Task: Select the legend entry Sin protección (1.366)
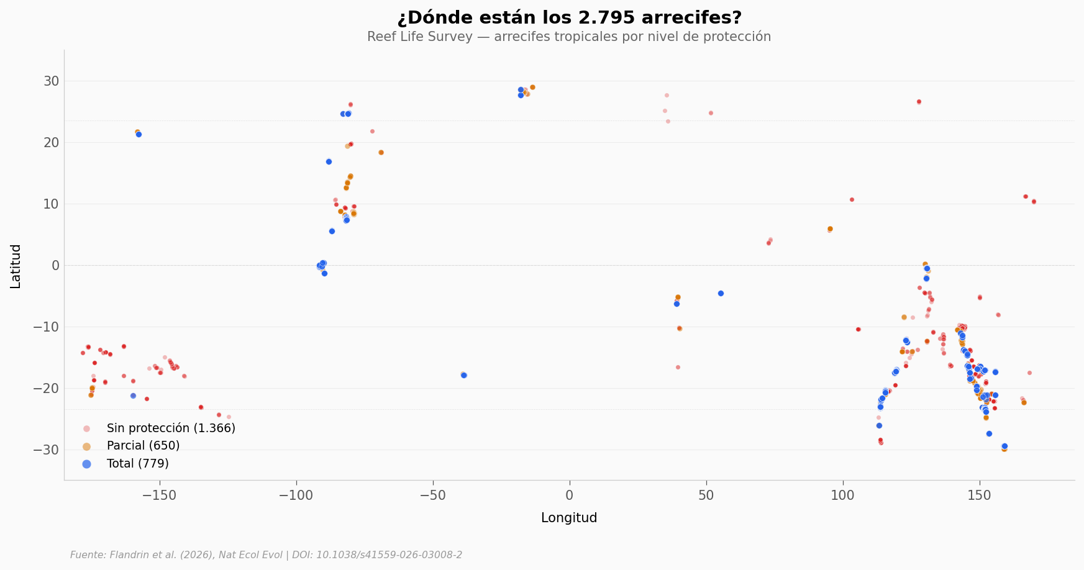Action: tap(171, 428)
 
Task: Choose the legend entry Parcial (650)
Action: tap(143, 446)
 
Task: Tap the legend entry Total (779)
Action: tap(137, 464)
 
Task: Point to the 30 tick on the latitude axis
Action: tap(52, 81)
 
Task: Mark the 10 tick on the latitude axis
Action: tap(52, 204)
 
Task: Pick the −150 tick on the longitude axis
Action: tap(160, 495)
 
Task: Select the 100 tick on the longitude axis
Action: tap(843, 495)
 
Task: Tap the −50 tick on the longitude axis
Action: tap(433, 495)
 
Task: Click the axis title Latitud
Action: tap(16, 266)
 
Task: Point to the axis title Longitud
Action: tap(569, 518)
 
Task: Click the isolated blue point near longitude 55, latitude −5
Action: tap(721, 293)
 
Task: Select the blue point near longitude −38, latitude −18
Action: tap(463, 375)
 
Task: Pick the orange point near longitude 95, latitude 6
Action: tap(830, 229)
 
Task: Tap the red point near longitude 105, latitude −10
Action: tap(858, 329)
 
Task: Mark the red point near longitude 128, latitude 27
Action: tap(919, 101)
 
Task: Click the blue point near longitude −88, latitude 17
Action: tap(329, 161)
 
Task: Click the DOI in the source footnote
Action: tap(389, 555)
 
